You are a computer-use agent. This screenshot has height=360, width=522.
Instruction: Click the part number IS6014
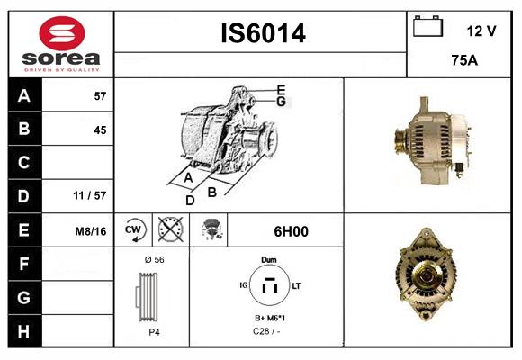[x=263, y=33]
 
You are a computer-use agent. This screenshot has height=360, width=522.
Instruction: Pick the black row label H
[x=23, y=330]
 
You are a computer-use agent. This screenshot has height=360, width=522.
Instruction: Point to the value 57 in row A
[x=100, y=96]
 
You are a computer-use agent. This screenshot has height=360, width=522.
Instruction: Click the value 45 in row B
[x=100, y=130]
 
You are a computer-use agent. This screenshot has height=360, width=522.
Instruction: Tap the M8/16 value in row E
[x=91, y=230]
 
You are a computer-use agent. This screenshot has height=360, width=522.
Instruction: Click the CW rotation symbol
[x=134, y=230]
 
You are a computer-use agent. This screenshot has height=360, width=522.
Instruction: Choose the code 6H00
[x=290, y=230]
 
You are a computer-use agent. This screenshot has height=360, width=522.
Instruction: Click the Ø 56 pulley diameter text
[x=153, y=258]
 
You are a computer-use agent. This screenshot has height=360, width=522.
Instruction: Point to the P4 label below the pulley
[x=153, y=331]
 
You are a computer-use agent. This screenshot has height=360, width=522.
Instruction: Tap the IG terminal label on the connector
[x=244, y=285]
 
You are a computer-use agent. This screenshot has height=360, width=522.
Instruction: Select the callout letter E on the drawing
[x=281, y=89]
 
